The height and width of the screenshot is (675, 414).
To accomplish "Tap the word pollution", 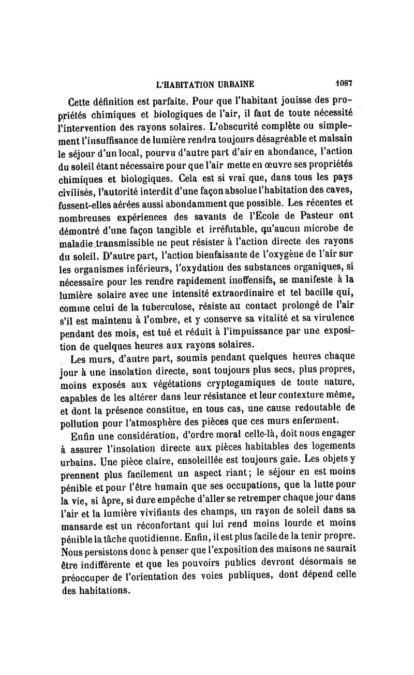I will coord(80,420).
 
